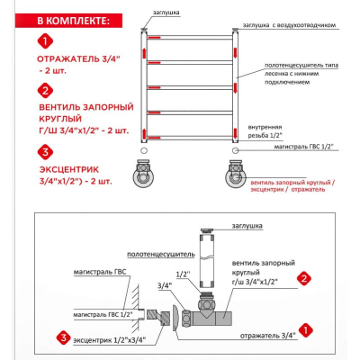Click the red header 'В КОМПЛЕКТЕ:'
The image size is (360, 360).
(x=74, y=21)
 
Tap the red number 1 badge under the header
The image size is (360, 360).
(x=45, y=41)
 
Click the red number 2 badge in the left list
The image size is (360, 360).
(x=45, y=91)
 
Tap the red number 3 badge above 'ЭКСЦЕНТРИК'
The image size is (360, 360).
(x=45, y=152)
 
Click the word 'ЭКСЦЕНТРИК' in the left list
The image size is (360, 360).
(x=69, y=169)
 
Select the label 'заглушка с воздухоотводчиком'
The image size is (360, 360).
(x=289, y=25)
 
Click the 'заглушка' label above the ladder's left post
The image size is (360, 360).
(x=166, y=13)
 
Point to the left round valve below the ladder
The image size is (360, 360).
(x=143, y=174)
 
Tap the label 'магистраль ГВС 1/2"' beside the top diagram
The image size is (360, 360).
(x=304, y=147)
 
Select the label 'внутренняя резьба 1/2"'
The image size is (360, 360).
(x=265, y=131)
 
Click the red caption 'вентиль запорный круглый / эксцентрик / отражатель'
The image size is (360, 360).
(x=292, y=186)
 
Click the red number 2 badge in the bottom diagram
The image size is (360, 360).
(x=304, y=279)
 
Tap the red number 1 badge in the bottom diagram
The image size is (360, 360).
(x=305, y=330)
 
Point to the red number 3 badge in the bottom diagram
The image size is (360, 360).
(x=63, y=338)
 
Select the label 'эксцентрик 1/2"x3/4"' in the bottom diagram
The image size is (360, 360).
(x=110, y=340)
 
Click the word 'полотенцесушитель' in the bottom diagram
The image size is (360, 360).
(x=161, y=255)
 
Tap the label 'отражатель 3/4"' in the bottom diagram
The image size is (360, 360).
(x=268, y=336)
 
